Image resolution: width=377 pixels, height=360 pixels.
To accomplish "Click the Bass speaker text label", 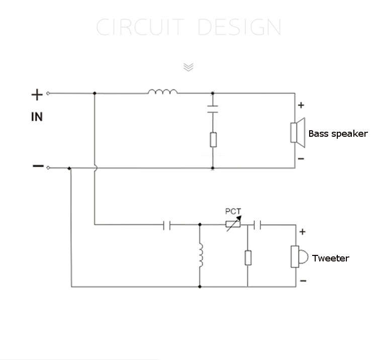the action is (338, 134).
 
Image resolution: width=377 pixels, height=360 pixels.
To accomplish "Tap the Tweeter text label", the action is (331, 258).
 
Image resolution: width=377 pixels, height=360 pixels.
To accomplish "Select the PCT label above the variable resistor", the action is (233, 211).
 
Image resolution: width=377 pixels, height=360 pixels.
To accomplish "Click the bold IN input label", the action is (37, 117).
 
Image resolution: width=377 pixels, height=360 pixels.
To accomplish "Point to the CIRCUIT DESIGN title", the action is (189, 27).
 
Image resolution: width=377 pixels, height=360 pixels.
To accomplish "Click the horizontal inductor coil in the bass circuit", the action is (163, 91).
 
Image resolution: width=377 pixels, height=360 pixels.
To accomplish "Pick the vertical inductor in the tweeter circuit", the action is (201, 255).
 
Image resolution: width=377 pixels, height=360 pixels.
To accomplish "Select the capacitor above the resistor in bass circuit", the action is (213, 109).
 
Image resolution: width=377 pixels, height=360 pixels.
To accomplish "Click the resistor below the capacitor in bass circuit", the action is (213, 139).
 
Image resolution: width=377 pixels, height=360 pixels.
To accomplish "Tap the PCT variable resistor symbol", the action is (233, 224).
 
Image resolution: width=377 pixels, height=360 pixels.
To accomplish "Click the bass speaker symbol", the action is (298, 133).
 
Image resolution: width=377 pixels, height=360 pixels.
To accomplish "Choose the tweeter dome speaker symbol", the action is (299, 256).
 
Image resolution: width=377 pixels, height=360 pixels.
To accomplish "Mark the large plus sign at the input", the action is (37, 95).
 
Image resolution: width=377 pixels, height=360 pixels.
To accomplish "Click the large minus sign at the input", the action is (38, 166).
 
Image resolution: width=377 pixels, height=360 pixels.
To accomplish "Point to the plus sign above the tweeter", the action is (302, 232).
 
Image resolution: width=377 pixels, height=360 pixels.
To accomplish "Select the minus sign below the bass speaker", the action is (301, 159).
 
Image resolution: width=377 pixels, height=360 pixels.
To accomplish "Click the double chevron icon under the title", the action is (189, 67).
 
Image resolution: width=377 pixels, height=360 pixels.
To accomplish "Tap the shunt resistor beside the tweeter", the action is (248, 258).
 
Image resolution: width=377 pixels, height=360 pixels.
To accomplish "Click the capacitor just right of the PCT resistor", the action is (257, 225).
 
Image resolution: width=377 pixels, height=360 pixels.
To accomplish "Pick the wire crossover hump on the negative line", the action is (96, 168).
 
